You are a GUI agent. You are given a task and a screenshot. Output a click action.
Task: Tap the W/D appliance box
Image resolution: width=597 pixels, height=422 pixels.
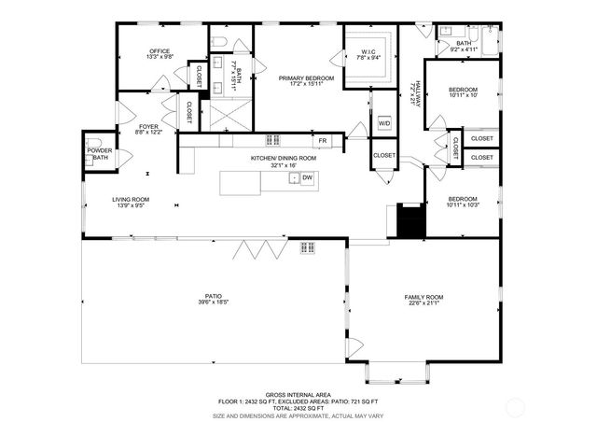[384, 123]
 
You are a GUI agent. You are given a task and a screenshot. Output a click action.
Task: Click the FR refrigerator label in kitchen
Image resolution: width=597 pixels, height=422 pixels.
[323, 141]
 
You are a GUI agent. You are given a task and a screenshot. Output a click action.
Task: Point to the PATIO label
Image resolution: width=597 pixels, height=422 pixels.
[213, 296]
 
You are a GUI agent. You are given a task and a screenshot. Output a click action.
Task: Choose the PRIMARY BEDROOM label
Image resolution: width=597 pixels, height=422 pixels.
[300, 78]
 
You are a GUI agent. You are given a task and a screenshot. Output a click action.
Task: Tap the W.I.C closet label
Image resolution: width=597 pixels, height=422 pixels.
[368, 51]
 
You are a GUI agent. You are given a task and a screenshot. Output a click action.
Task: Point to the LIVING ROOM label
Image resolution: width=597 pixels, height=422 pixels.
[132, 199]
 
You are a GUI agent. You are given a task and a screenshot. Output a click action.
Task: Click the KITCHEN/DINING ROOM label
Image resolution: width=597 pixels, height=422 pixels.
[283, 159]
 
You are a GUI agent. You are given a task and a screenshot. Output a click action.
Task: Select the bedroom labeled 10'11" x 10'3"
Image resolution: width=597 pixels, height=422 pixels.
[463, 202]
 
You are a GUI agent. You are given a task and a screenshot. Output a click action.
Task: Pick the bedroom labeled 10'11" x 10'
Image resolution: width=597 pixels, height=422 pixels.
[463, 91]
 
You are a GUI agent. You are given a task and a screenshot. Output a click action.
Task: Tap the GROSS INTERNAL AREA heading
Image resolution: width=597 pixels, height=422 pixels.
[298, 394]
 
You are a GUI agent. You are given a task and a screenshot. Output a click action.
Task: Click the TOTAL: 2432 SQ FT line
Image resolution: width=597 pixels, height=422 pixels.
[298, 408]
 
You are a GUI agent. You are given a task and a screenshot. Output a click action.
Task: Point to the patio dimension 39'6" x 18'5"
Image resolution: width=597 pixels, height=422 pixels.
[213, 302]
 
